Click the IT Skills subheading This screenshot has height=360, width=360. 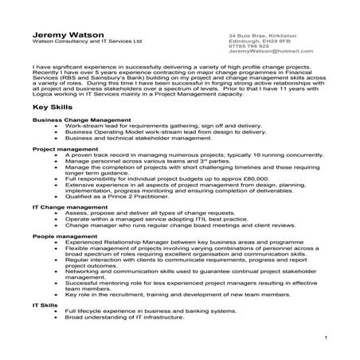[x=45, y=304]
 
